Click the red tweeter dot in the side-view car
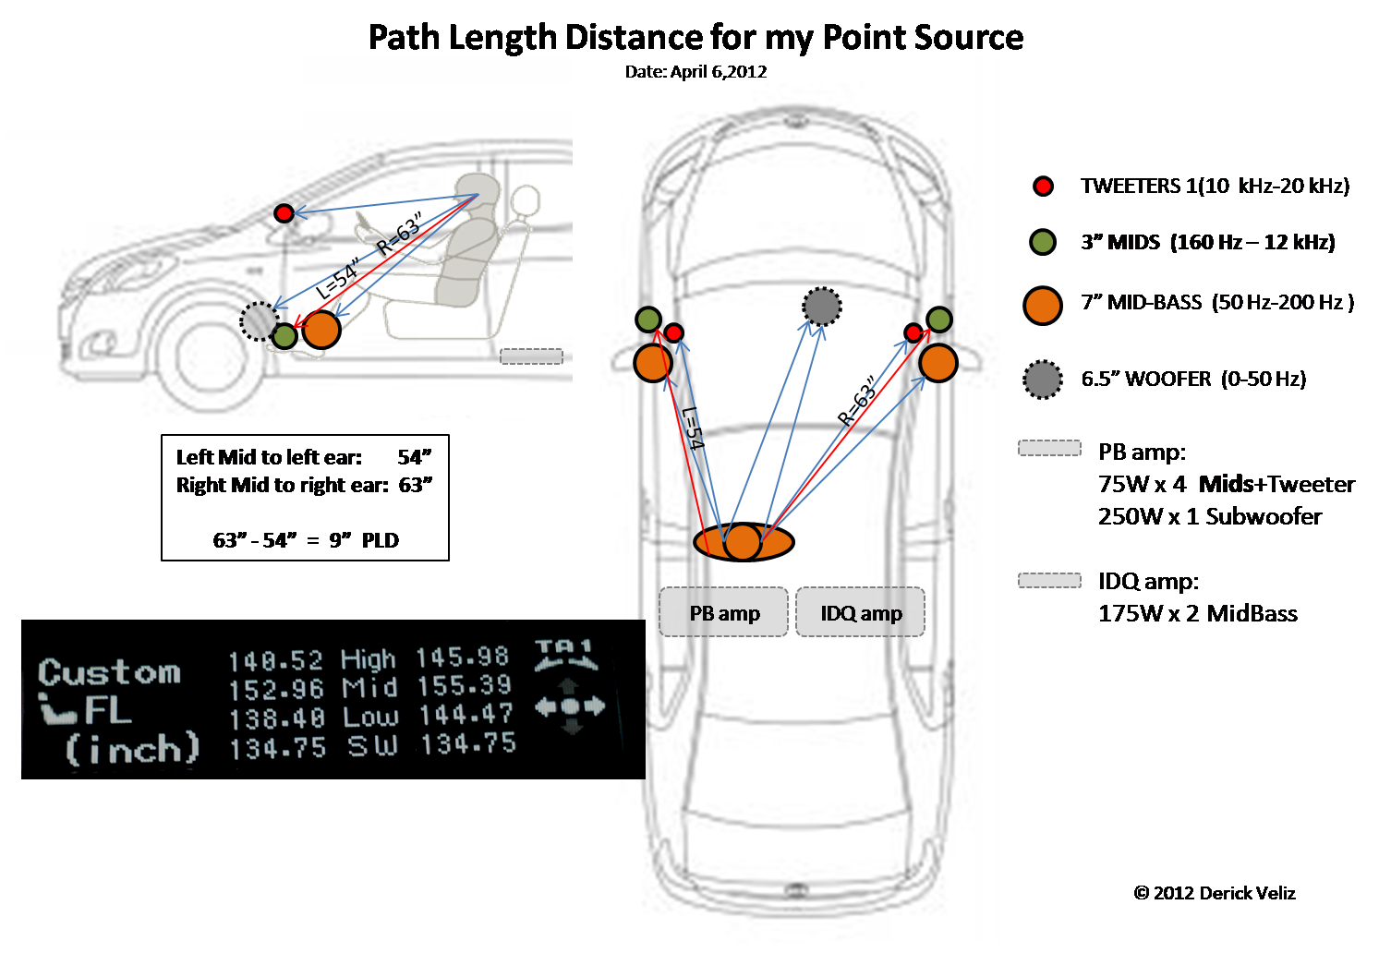tap(284, 213)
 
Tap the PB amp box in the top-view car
tap(724, 612)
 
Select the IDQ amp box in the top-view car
tap(861, 612)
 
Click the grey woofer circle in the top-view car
tap(821, 307)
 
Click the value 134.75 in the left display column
tap(277, 748)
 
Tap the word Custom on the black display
tap(109, 671)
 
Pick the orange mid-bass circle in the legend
tap(1043, 306)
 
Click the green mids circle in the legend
tap(1043, 243)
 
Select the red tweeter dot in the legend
tap(1043, 187)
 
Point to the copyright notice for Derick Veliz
tap(1214, 893)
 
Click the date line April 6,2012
tap(695, 72)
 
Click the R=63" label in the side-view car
tap(400, 235)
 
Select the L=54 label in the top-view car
tap(693, 428)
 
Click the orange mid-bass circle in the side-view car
tap(321, 330)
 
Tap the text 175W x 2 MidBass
tap(1197, 613)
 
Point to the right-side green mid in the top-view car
tap(939, 320)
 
